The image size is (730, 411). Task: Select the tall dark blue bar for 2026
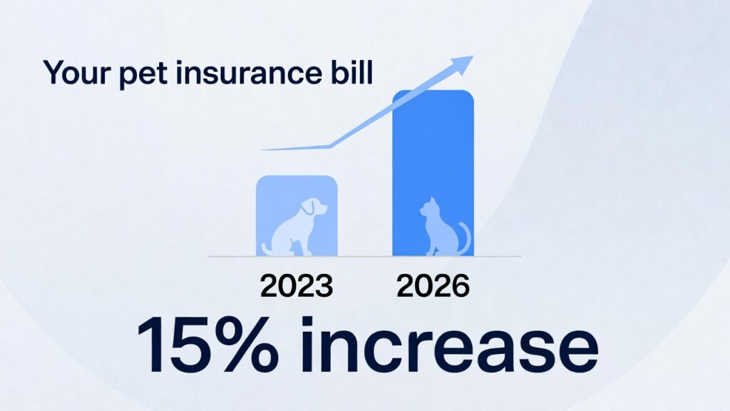[433, 143]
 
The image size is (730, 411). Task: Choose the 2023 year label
[297, 286]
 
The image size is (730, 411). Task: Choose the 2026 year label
[433, 286]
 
